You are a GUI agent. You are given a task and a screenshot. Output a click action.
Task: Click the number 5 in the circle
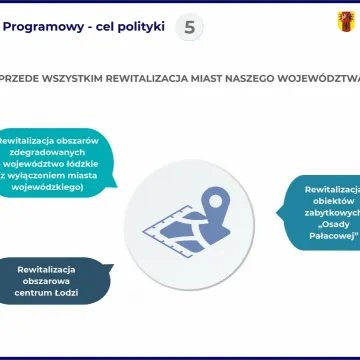[x=190, y=27]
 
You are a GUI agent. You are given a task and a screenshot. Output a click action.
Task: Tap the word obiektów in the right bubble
[x=334, y=200]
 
